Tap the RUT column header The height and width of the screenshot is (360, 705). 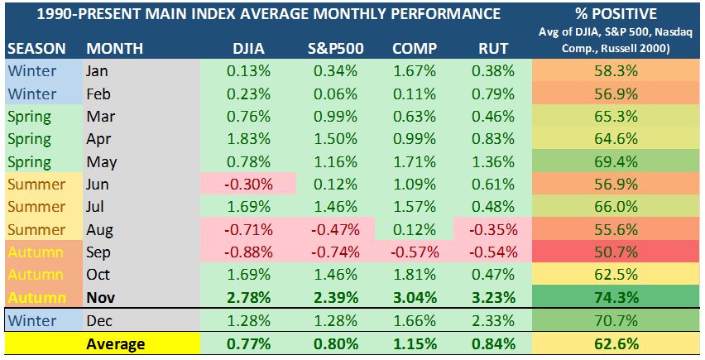point(493,48)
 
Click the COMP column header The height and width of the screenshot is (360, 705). point(415,48)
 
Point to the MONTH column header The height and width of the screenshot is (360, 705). point(114,48)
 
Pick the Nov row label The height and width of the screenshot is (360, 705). point(100,296)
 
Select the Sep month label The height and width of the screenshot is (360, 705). point(99,252)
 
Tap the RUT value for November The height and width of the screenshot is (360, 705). point(493,296)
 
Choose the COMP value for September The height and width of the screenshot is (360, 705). point(415,252)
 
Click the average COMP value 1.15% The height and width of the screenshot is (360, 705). point(415,343)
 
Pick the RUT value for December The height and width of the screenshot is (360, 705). point(493,320)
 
